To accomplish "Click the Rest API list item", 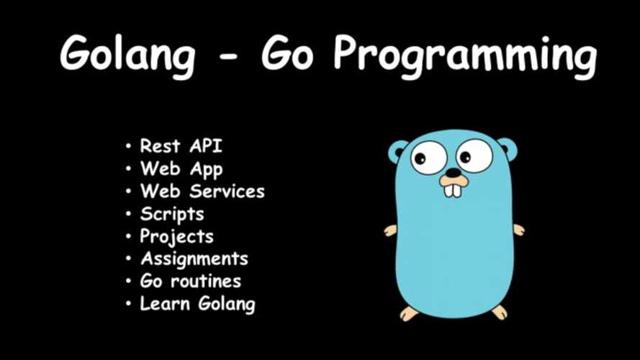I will click(x=181, y=146).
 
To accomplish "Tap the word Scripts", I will click(x=172, y=214).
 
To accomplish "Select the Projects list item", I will click(x=176, y=237).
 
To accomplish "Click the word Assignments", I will click(x=194, y=259).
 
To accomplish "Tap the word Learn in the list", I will click(x=159, y=303).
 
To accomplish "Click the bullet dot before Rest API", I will click(x=128, y=147).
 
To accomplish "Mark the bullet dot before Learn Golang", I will click(x=128, y=304).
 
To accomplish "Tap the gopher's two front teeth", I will click(x=453, y=189).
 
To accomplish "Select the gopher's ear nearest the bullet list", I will click(x=397, y=150).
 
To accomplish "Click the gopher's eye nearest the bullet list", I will click(x=429, y=157).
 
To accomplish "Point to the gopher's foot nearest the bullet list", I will click(x=410, y=313).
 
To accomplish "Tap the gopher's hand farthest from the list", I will click(x=518, y=230).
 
